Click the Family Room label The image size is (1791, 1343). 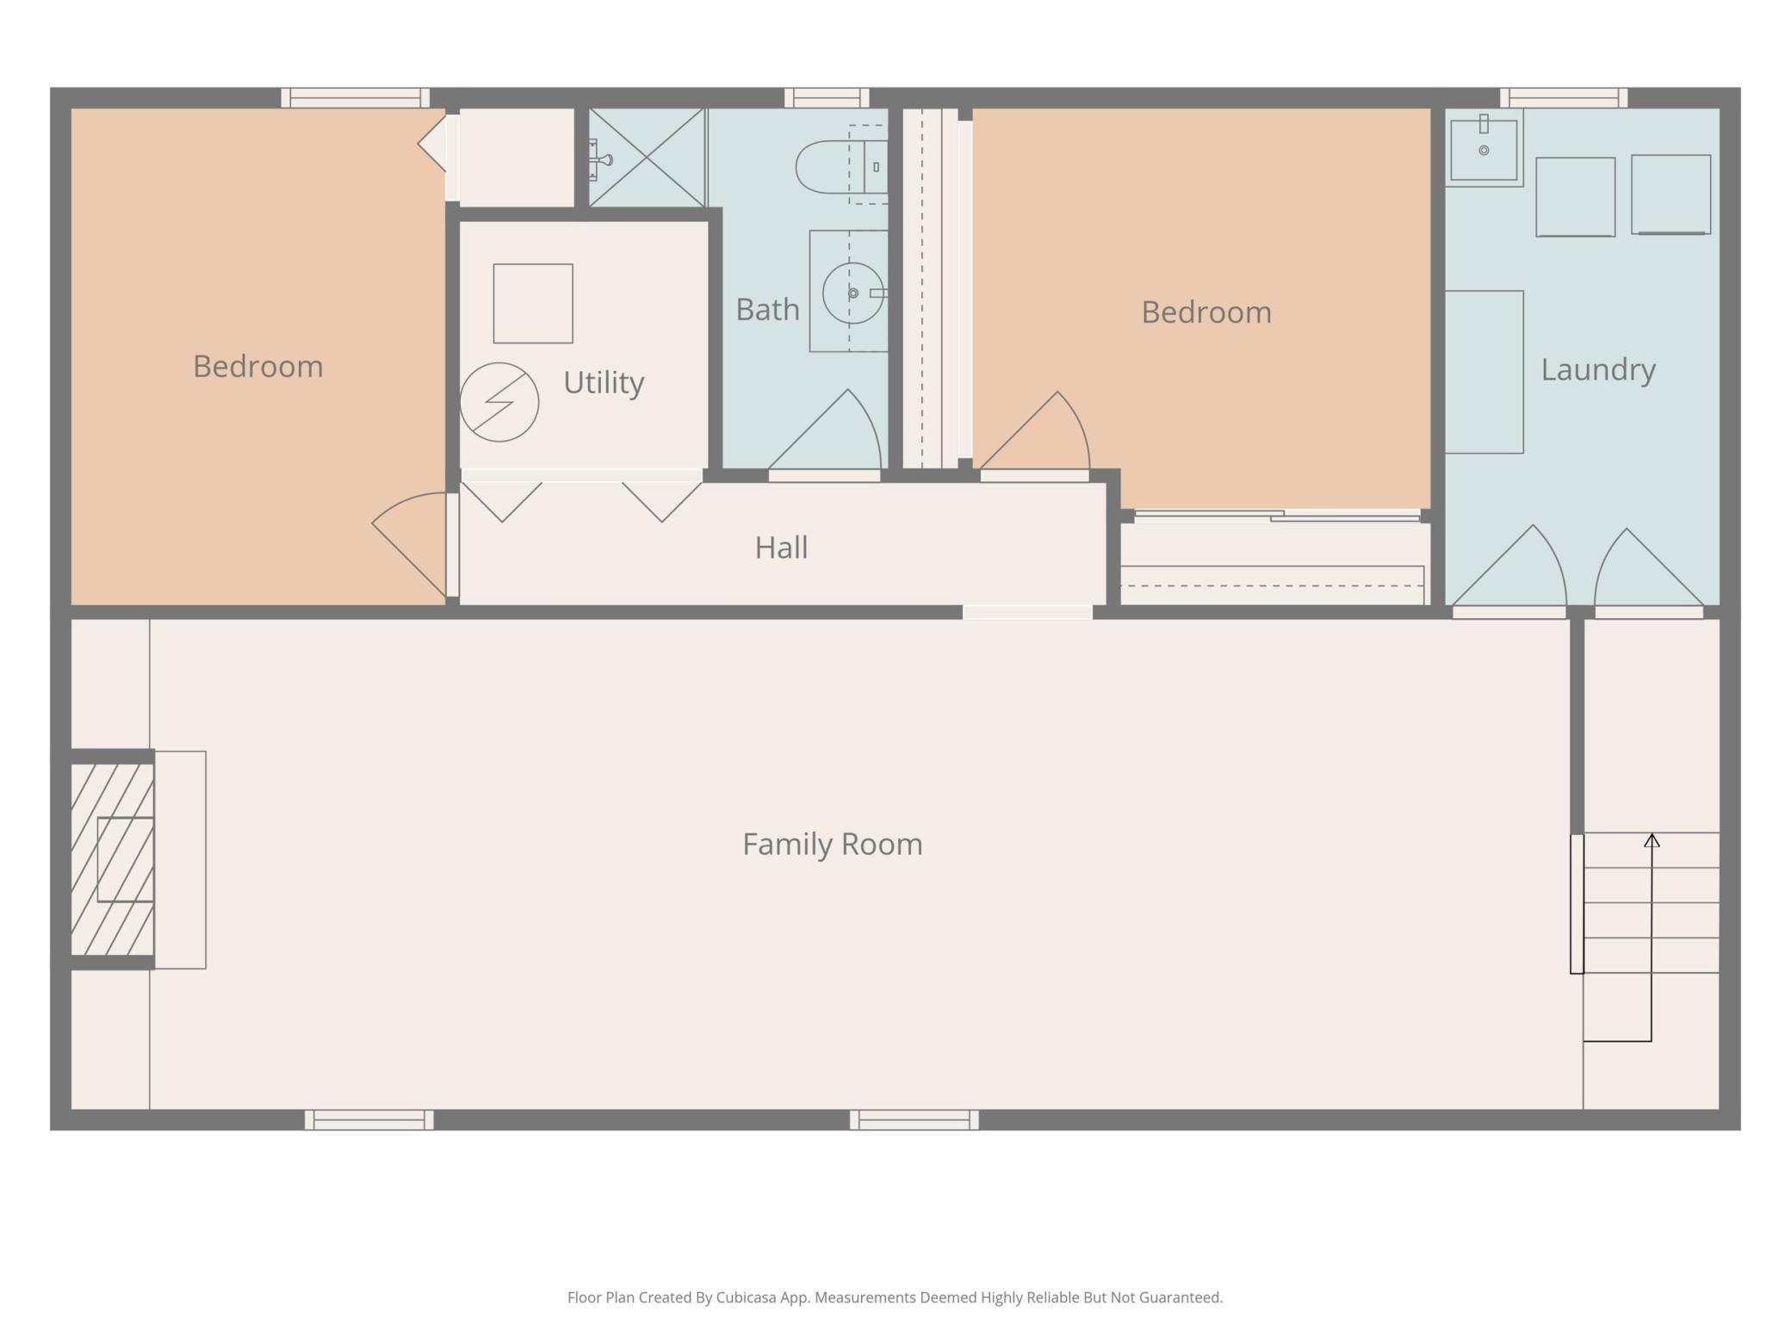click(832, 845)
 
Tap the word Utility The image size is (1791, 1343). click(604, 382)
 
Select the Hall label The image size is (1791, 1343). click(781, 548)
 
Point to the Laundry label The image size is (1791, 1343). click(1598, 370)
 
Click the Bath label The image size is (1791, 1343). click(767, 310)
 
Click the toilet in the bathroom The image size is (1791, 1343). click(841, 166)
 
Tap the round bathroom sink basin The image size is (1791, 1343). click(852, 293)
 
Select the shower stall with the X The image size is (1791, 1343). click(647, 158)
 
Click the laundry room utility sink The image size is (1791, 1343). click(1484, 148)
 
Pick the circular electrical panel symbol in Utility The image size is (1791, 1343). click(499, 402)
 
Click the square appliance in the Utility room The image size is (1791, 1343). click(533, 304)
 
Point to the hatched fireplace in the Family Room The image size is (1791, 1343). click(113, 859)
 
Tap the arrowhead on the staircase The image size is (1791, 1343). click(1652, 840)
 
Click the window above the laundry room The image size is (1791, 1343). click(1564, 97)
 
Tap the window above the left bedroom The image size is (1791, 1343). click(355, 97)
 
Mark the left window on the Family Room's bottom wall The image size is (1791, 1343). click(369, 1119)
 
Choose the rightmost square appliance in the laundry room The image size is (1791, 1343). click(1670, 195)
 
